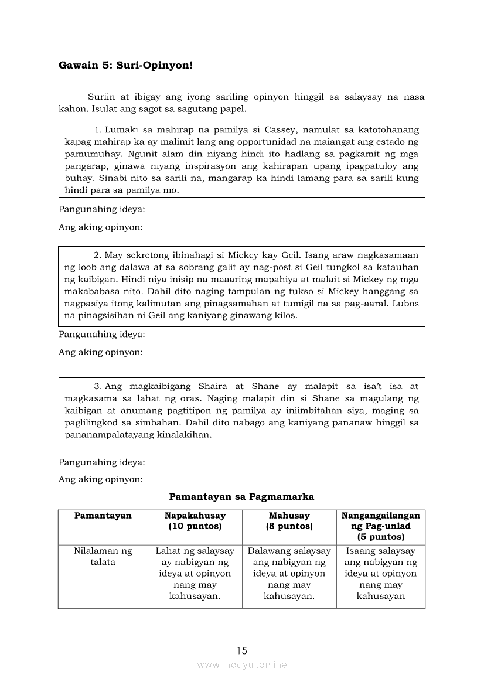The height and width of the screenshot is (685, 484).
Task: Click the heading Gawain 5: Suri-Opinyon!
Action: [125, 65]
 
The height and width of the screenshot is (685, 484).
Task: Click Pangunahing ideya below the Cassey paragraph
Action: [102, 209]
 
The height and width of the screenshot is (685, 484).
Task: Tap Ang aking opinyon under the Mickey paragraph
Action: [101, 352]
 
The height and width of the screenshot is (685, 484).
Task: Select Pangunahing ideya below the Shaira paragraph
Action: [102, 462]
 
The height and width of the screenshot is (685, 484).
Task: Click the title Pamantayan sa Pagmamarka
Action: [241, 497]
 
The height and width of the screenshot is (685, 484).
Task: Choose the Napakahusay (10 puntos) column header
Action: [195, 521]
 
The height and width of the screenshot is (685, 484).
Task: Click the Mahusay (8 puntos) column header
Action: [289, 521]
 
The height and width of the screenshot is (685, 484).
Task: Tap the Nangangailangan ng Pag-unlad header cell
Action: [380, 526]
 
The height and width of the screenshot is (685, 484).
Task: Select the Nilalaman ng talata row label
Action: [103, 556]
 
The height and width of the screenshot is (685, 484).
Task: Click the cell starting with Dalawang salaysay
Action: [289, 573]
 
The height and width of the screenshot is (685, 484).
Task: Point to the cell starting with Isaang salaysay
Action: [380, 573]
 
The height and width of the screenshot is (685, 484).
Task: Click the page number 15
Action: [242, 650]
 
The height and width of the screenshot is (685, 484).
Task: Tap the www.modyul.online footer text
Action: [241, 665]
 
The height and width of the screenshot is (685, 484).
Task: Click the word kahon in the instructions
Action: [72, 108]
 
